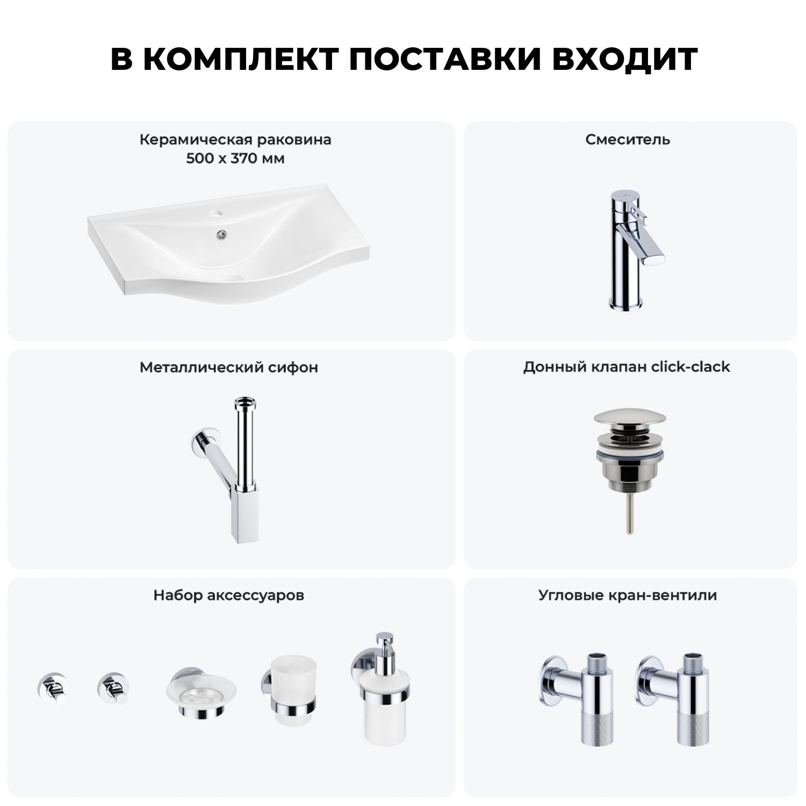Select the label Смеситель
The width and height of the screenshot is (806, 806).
tap(628, 140)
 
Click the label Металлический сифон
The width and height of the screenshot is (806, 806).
tap(229, 368)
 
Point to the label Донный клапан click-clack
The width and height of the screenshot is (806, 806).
tap(627, 367)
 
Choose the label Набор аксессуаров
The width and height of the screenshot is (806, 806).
tap(229, 595)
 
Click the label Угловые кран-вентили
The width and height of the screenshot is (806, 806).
tap(628, 595)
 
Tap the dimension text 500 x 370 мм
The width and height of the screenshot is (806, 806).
tap(235, 159)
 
